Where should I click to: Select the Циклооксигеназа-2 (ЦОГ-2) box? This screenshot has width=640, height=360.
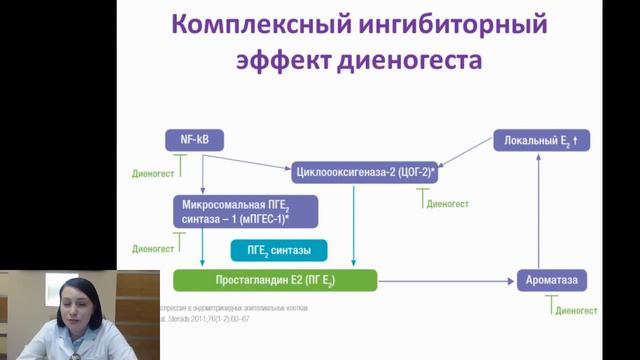[x=367, y=173]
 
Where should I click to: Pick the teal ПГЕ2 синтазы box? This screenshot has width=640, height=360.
[x=280, y=249]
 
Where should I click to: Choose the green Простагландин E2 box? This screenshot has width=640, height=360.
[x=275, y=280]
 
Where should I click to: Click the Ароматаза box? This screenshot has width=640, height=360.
[x=551, y=280]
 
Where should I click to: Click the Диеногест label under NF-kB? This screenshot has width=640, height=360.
[x=153, y=172]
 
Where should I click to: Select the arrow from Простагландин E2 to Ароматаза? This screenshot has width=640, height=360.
[x=447, y=280]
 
